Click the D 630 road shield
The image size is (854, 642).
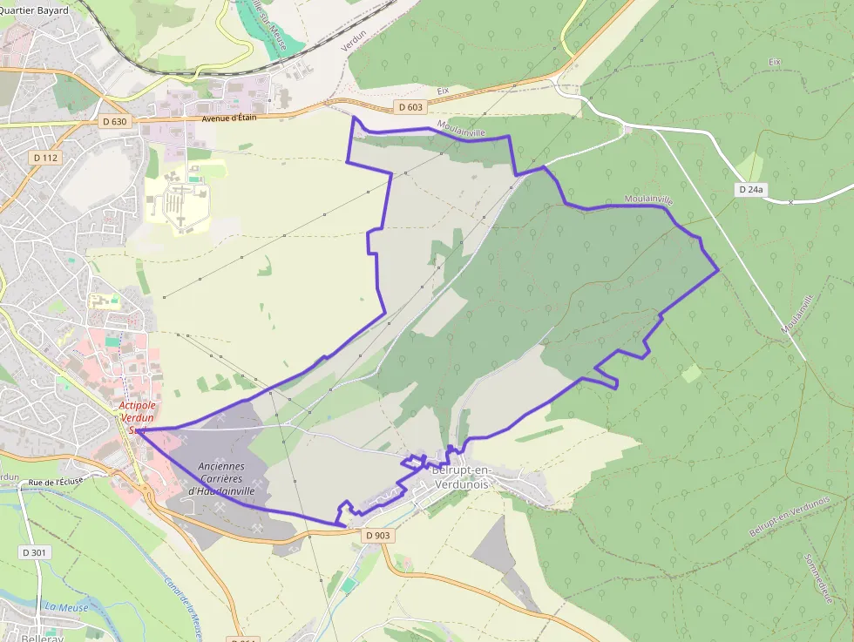115,122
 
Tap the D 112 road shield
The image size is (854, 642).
45,158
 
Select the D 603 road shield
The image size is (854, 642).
409,107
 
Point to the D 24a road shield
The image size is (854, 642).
750,189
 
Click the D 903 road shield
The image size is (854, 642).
377,535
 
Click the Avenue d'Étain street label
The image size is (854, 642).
229,118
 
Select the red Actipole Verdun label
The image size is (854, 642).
137,417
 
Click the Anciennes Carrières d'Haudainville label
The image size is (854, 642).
221,478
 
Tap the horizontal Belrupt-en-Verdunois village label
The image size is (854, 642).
462,476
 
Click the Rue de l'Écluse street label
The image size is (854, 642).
60,482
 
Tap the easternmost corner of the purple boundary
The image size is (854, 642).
718,270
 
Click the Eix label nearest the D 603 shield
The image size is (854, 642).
442,91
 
